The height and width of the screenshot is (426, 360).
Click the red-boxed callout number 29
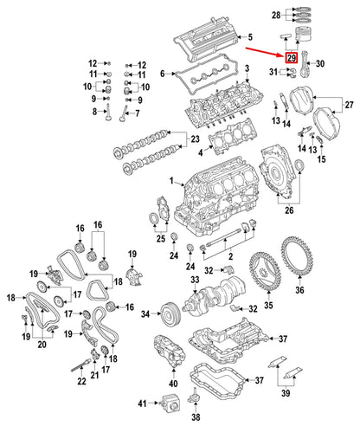pos(292,59)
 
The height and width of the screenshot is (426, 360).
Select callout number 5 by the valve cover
pos(249,38)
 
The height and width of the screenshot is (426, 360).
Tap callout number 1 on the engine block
pos(172,181)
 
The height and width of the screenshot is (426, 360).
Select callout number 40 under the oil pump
pos(173,383)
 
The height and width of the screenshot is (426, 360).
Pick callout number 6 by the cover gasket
pos(161,74)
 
